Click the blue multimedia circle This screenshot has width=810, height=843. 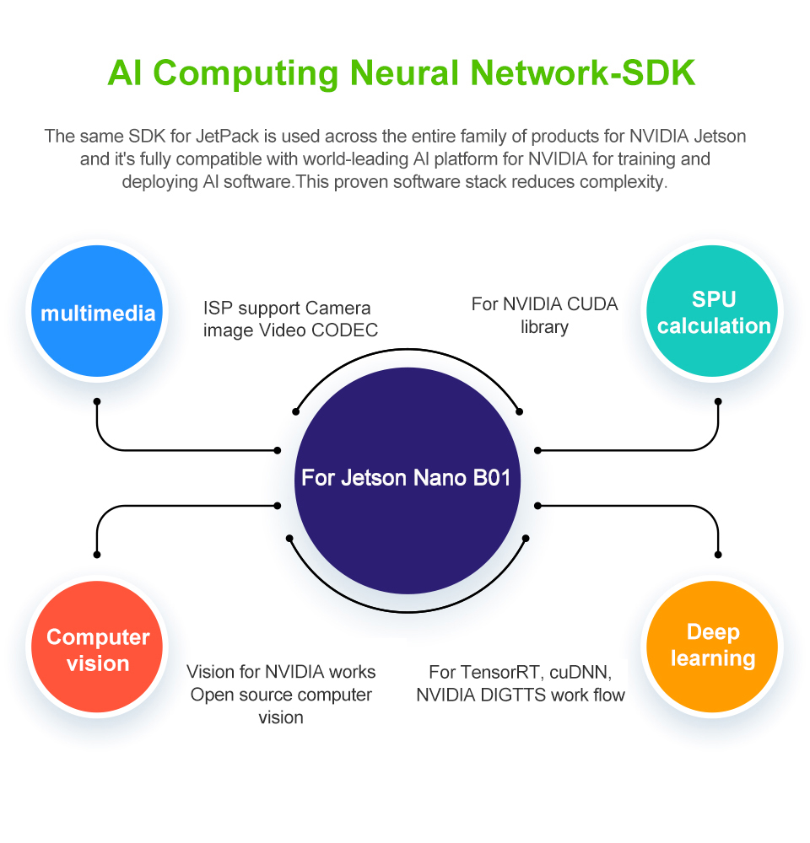click(97, 314)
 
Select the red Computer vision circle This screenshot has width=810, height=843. click(97, 650)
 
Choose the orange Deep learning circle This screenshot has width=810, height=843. click(713, 646)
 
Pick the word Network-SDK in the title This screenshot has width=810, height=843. click(575, 73)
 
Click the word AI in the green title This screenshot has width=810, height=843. click(125, 73)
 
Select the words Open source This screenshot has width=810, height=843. click(235, 695)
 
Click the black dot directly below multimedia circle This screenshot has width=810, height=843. click(97, 401)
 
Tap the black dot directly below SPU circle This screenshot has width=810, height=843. click(718, 401)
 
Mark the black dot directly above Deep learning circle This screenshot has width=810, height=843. click(718, 554)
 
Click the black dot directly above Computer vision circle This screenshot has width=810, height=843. click(97, 554)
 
